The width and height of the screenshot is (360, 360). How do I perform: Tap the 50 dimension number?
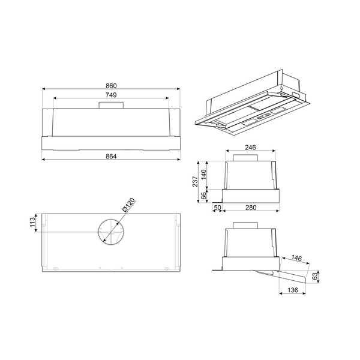click(x=217, y=208)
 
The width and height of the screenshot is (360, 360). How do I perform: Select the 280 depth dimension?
click(x=250, y=208)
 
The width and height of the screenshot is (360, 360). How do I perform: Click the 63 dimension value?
click(x=316, y=277)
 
